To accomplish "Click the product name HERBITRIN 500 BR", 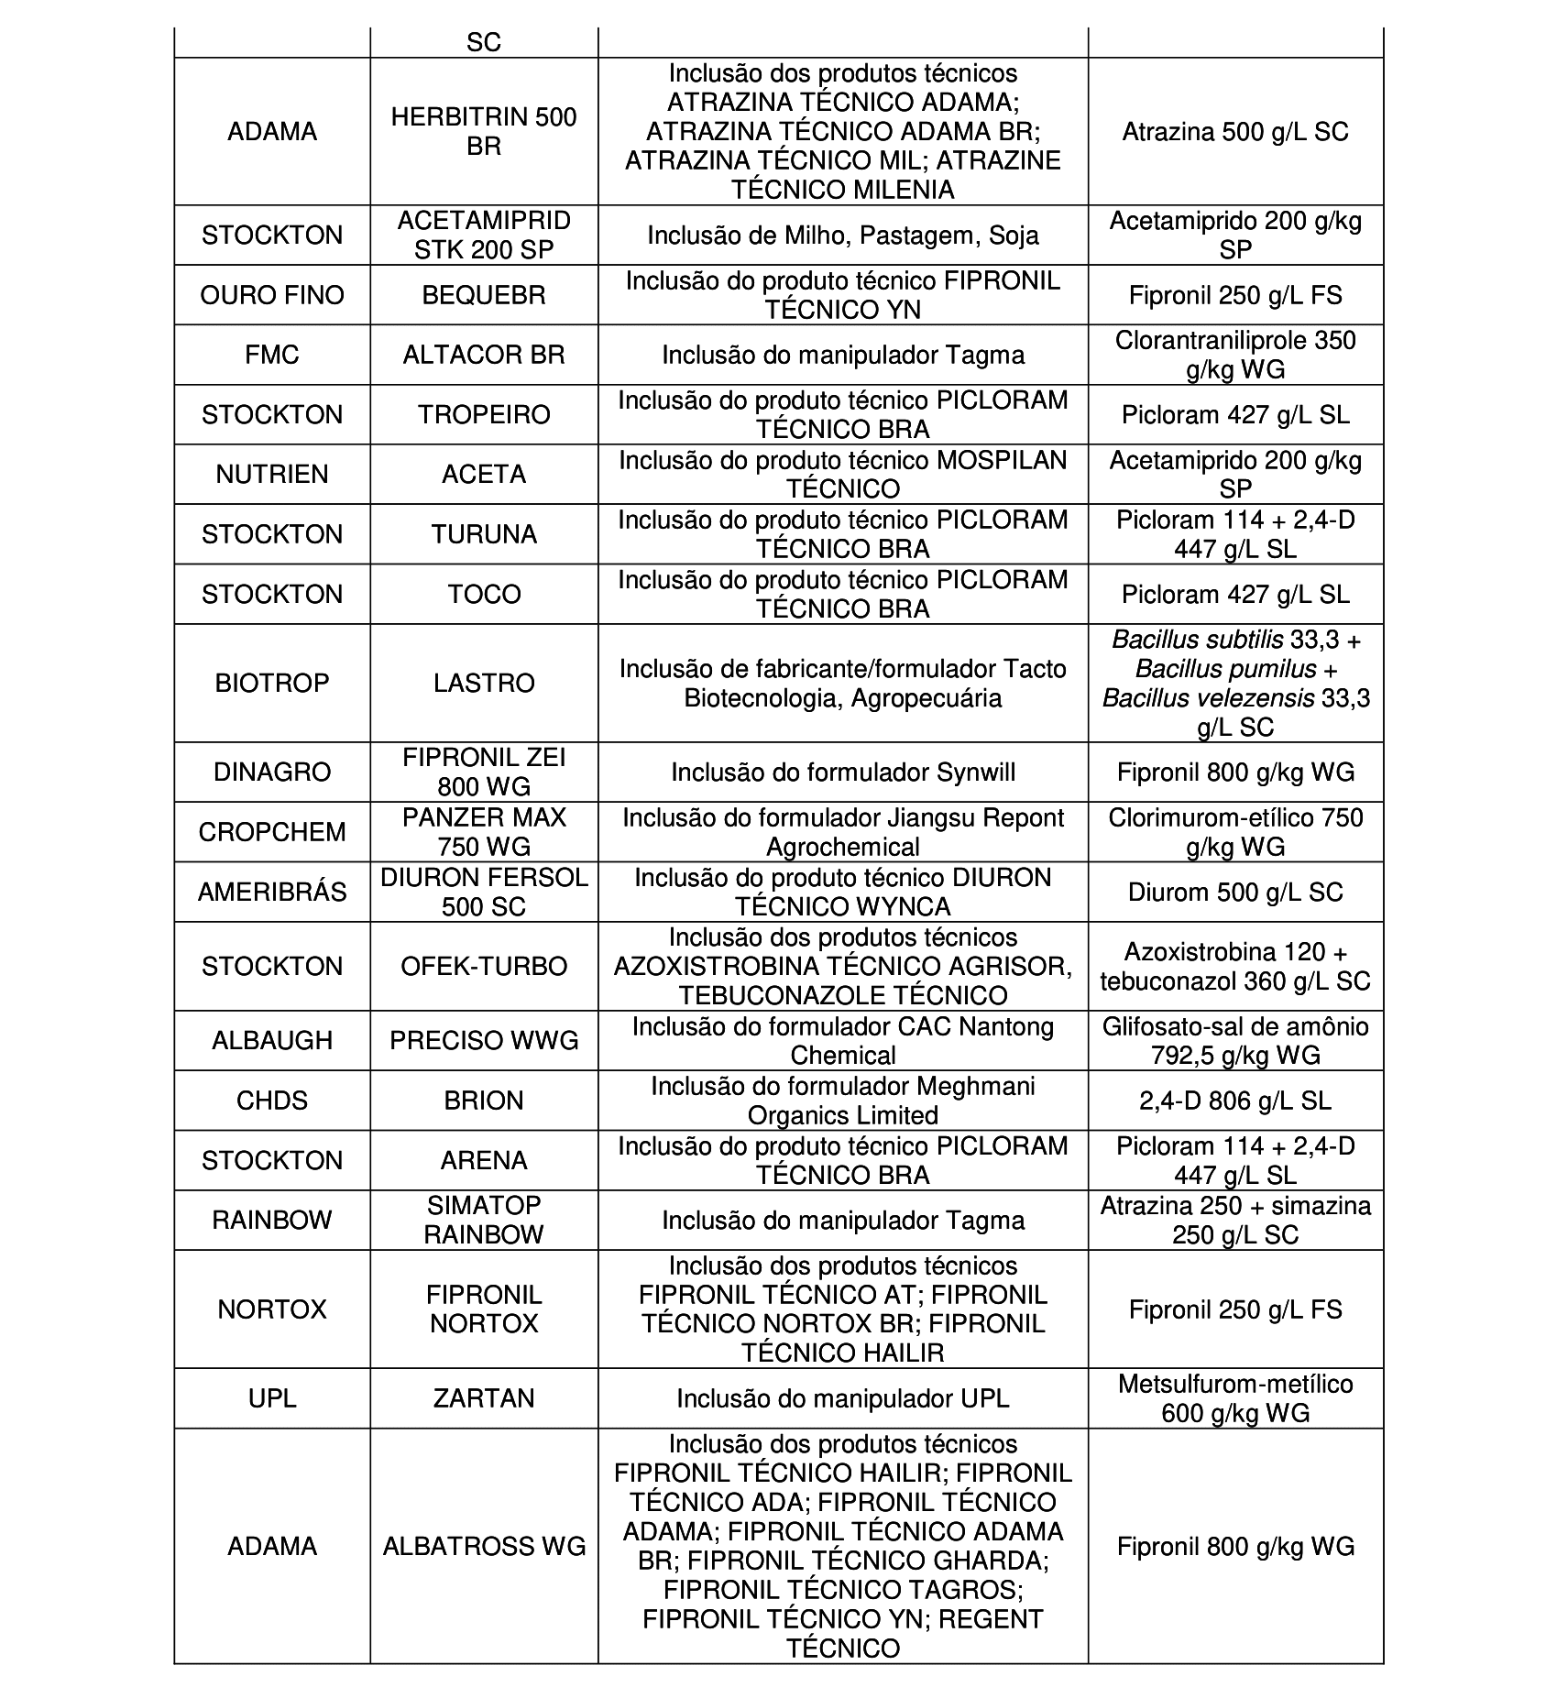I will click(x=484, y=131).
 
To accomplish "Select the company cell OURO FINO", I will click(x=272, y=295).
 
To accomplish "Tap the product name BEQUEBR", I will click(x=484, y=295).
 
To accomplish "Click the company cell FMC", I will click(x=272, y=355).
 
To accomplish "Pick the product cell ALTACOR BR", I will click(x=484, y=355).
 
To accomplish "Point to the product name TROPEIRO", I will click(x=484, y=414).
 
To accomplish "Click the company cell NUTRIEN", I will click(x=272, y=474).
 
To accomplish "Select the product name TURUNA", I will click(x=484, y=534).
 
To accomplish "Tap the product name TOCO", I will click(x=484, y=594).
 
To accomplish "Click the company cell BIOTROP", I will click(x=272, y=683).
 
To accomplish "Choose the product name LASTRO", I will click(x=484, y=683).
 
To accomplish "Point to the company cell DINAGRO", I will click(x=272, y=772).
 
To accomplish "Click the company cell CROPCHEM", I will click(x=272, y=832).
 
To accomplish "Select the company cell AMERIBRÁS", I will click(x=272, y=892).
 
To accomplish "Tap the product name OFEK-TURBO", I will click(x=484, y=966).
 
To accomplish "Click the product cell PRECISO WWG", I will click(x=484, y=1040).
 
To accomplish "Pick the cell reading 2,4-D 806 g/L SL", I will click(x=1235, y=1101).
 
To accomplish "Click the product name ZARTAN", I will click(x=484, y=1398).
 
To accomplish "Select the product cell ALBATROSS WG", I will click(x=484, y=1546).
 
